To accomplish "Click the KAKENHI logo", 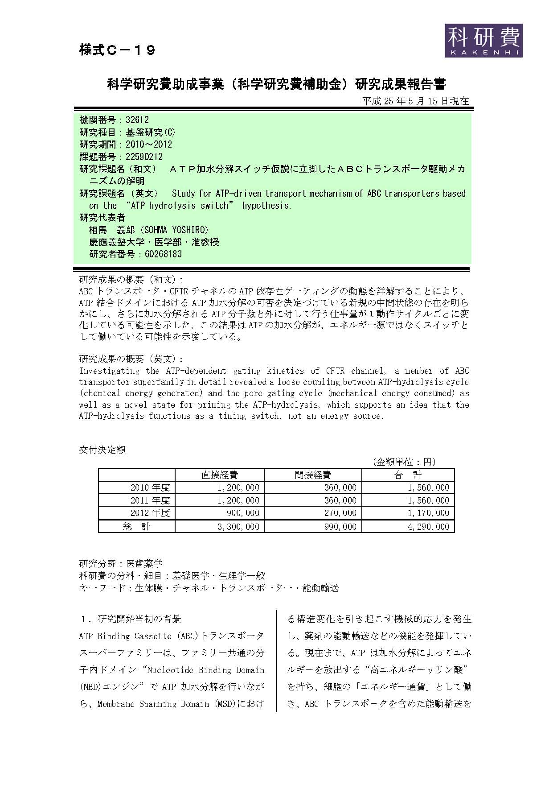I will click(x=483, y=40).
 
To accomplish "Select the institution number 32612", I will click(x=137, y=120).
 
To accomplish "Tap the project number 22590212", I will click(x=144, y=157).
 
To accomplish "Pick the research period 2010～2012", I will click(x=149, y=145).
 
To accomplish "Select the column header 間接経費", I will click(x=312, y=475).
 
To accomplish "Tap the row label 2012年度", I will click(x=150, y=513).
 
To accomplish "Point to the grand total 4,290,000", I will click(x=428, y=527).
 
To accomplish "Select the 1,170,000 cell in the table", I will click(x=428, y=513).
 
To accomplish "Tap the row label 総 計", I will click(x=137, y=527).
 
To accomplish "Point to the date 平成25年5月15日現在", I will click(x=415, y=101).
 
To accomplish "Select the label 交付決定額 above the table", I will click(x=102, y=450).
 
